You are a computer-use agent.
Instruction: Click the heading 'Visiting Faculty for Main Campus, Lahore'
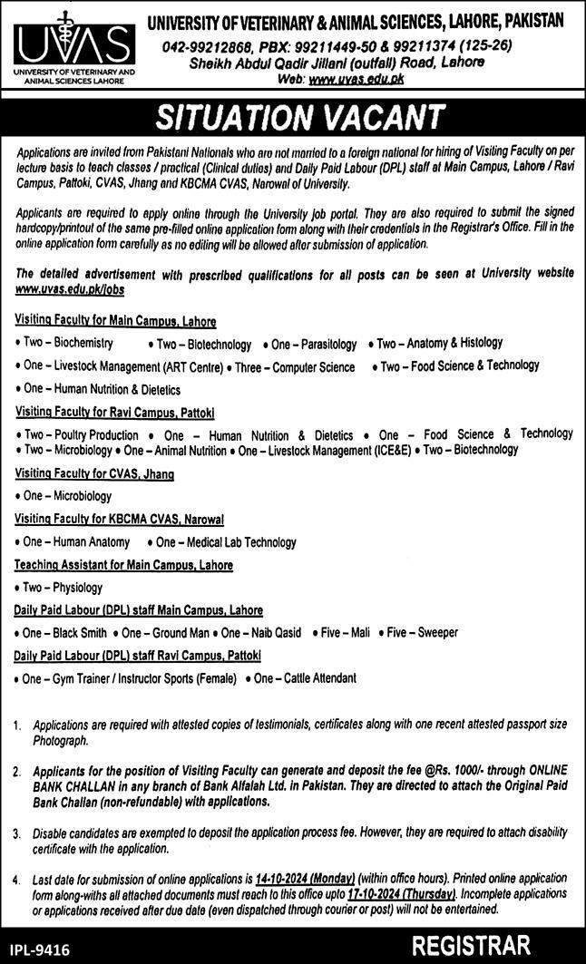coord(115,321)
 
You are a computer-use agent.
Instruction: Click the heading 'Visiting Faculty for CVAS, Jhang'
coord(94,473)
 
